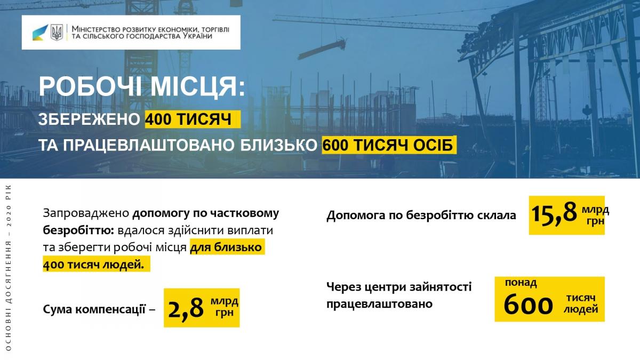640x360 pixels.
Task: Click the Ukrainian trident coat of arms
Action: click(x=57, y=32)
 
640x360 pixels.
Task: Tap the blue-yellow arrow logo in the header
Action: click(x=40, y=33)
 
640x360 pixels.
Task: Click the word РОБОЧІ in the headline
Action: click(x=89, y=86)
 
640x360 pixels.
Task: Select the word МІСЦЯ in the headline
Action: click(x=198, y=87)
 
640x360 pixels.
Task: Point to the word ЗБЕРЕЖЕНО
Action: click(x=89, y=119)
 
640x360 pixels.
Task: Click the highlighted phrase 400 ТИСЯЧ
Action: click(x=189, y=119)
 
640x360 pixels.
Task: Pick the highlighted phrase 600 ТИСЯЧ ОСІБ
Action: click(x=388, y=145)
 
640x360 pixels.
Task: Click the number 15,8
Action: click(x=554, y=213)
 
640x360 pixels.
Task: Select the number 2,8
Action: click(x=186, y=308)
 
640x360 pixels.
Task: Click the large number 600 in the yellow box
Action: click(x=528, y=306)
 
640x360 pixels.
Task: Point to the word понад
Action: click(x=521, y=283)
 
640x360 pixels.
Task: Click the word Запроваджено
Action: click(x=86, y=214)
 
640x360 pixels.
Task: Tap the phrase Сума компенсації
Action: click(x=94, y=309)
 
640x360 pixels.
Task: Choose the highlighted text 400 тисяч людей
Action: click(x=93, y=265)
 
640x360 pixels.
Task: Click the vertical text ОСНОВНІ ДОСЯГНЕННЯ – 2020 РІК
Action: click(x=8, y=268)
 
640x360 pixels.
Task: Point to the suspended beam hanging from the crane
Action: click(x=322, y=50)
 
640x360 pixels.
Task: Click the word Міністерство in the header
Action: click(x=97, y=29)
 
